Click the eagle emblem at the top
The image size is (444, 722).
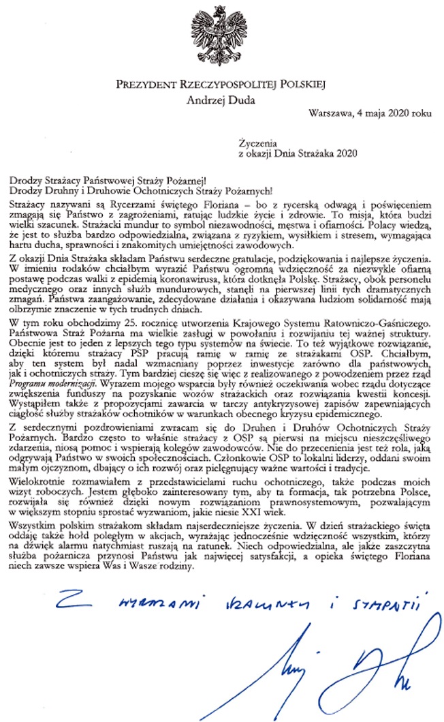pos(222,37)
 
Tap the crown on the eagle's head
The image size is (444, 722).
pos(221,12)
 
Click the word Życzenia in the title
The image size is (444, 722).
pos(255,144)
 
